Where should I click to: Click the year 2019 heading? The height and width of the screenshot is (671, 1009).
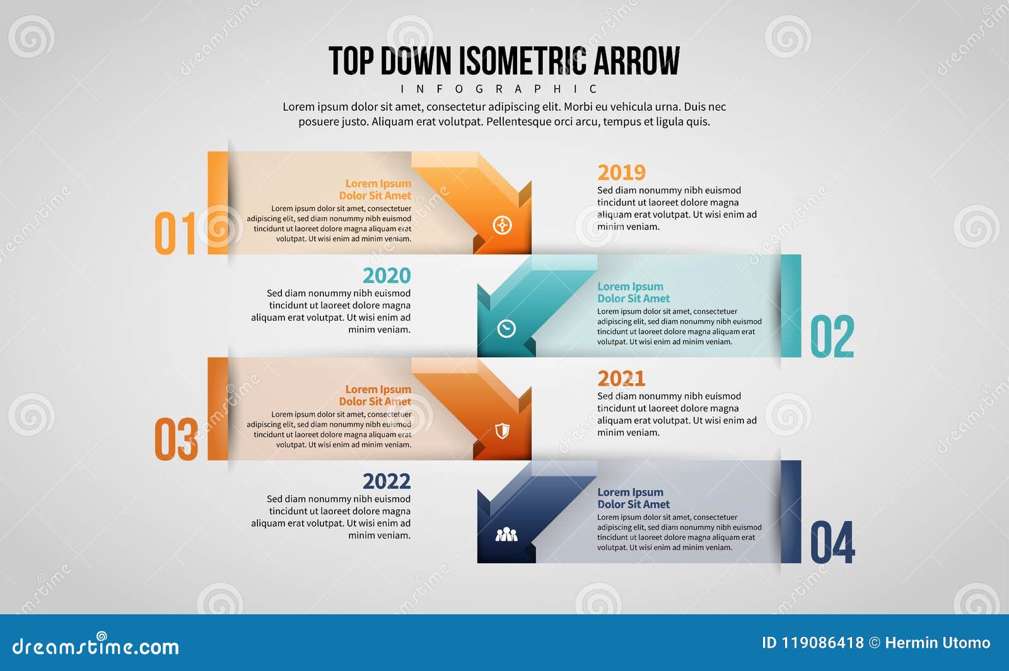[621, 173]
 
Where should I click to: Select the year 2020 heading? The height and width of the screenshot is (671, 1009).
[386, 276]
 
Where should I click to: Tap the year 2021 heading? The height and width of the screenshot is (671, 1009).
[621, 379]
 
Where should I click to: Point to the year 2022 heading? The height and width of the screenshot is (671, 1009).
[386, 481]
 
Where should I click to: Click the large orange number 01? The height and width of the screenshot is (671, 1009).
[176, 233]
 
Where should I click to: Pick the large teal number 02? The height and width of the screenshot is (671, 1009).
[832, 336]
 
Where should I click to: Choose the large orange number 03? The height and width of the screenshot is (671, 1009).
[176, 439]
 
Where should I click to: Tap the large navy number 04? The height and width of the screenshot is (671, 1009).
[832, 542]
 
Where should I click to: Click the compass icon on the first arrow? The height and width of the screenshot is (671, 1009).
[502, 225]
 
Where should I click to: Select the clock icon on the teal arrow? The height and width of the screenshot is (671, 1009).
[506, 328]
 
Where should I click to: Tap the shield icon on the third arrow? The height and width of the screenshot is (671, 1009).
[502, 431]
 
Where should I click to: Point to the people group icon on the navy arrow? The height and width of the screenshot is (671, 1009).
[506, 535]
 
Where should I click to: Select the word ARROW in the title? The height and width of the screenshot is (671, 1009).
[636, 61]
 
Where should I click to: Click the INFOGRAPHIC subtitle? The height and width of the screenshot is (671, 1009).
[499, 89]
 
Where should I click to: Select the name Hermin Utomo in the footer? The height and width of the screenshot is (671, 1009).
[937, 643]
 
